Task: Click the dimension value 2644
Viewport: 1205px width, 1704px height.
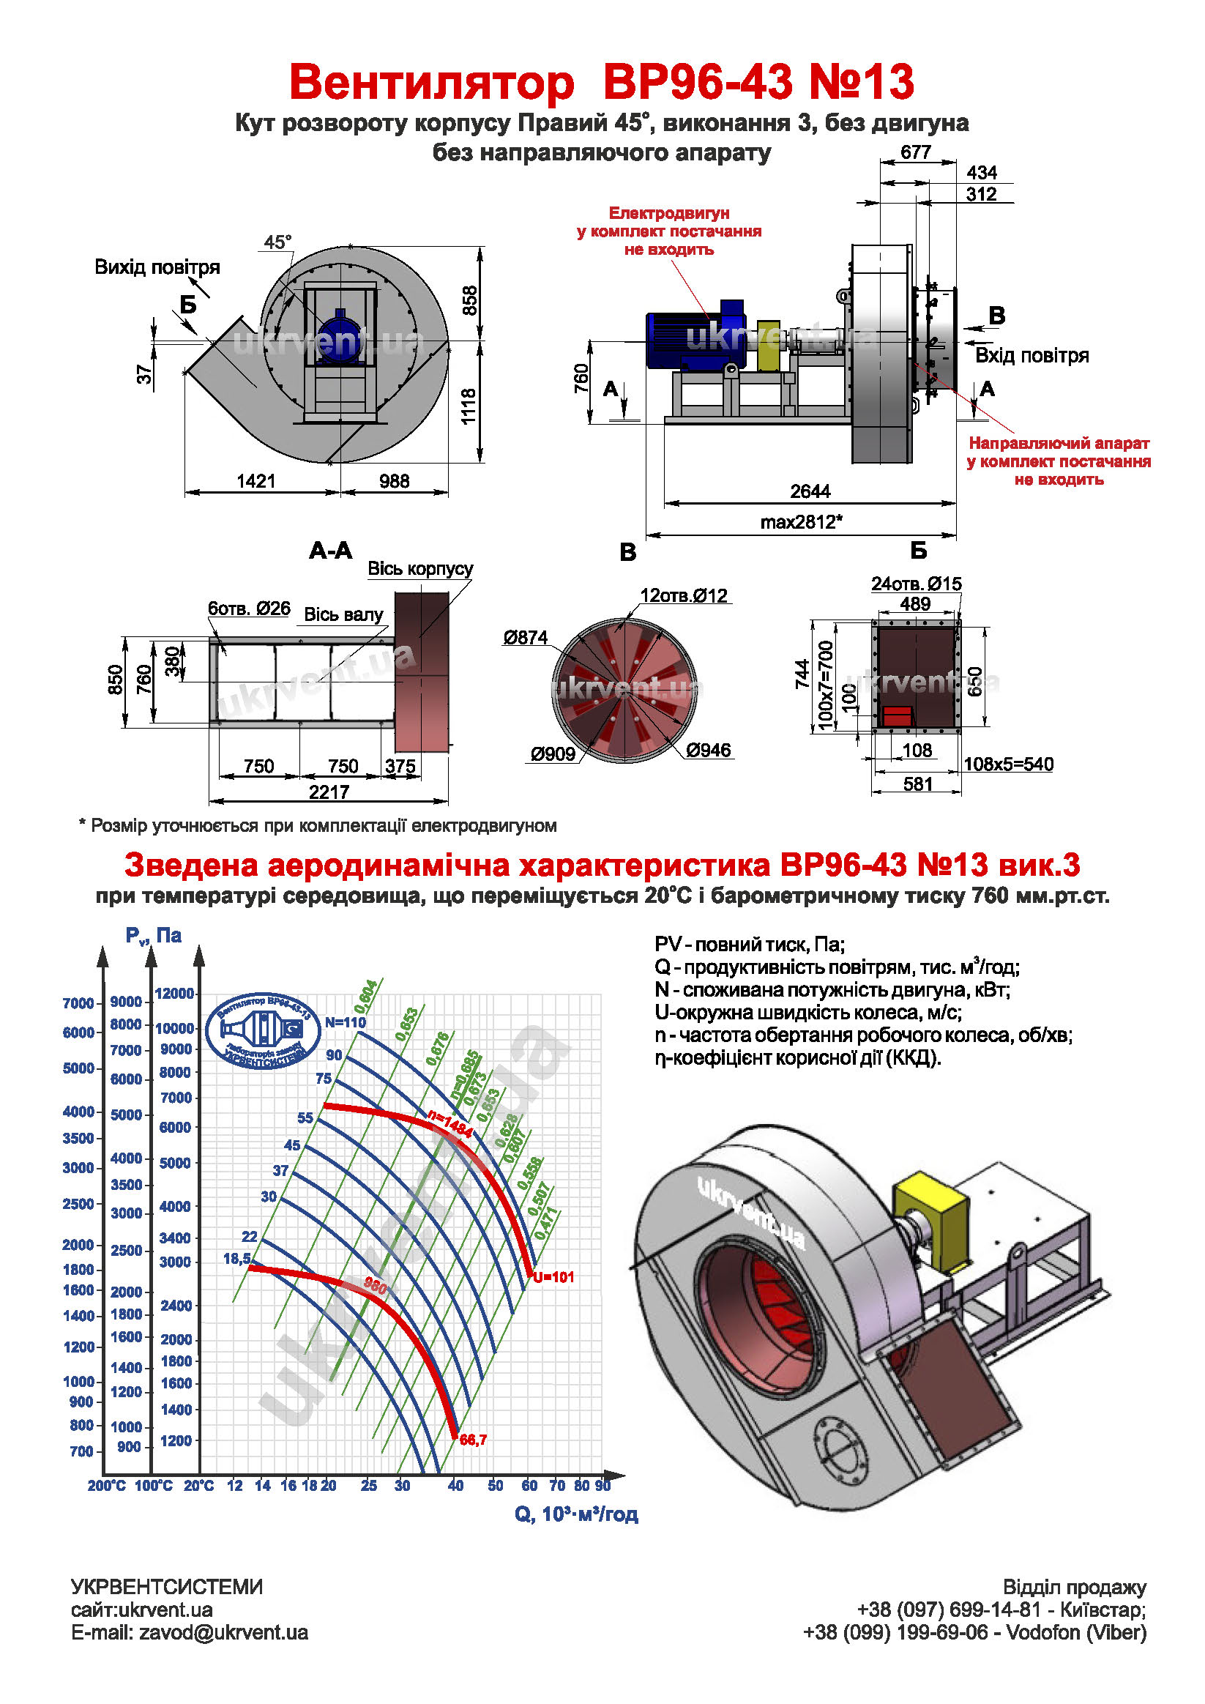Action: [x=810, y=491]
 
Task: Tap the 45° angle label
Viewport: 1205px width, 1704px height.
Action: [x=278, y=242]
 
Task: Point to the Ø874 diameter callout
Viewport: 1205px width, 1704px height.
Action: [x=526, y=637]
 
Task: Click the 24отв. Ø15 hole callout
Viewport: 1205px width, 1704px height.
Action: [x=916, y=584]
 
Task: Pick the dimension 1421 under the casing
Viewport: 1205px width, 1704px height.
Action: [x=256, y=481]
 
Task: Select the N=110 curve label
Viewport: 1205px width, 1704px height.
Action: [x=346, y=1022]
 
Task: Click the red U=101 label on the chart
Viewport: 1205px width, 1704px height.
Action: [x=553, y=1277]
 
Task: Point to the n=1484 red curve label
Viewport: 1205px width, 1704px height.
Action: [x=449, y=1123]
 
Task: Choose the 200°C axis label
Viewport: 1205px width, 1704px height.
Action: [x=107, y=1485]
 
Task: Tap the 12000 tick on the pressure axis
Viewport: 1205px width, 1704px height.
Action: [x=174, y=993]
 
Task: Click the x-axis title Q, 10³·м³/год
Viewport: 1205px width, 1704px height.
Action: [x=576, y=1514]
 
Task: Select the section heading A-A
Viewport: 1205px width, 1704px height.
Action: [x=330, y=551]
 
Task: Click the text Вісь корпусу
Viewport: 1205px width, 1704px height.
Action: [x=420, y=568]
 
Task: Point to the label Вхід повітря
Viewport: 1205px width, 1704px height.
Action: [x=1031, y=355]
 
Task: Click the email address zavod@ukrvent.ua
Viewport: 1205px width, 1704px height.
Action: [x=223, y=1633]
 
